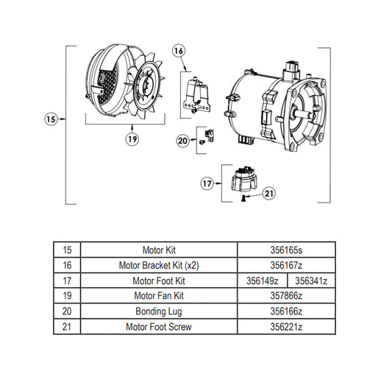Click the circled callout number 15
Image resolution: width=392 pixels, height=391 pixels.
50,118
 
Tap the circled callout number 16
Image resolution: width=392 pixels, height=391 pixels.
179,51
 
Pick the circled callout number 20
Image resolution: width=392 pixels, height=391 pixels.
183,140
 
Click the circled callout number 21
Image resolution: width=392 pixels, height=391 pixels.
268,194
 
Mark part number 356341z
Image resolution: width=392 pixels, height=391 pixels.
310,281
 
